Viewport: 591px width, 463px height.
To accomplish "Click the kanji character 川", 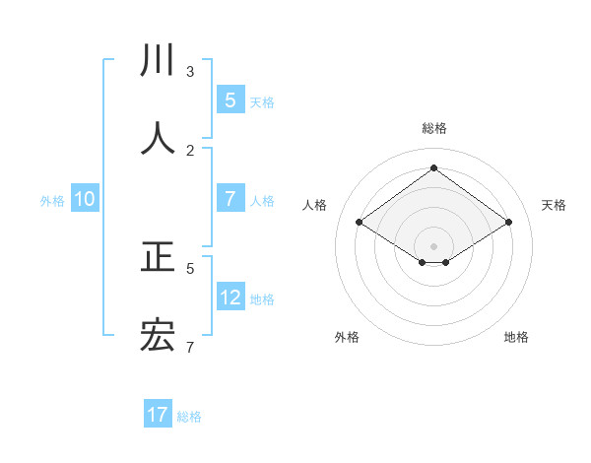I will pyautogui.click(x=158, y=61).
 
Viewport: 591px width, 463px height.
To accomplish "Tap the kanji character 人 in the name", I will pyautogui.click(x=158, y=138).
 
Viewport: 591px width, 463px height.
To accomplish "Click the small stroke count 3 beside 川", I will pyautogui.click(x=190, y=71).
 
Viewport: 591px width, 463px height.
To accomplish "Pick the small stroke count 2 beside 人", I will pyautogui.click(x=190, y=150).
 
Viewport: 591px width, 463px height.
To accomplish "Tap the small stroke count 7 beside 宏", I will pyautogui.click(x=190, y=347).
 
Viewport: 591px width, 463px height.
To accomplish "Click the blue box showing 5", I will pyautogui.click(x=230, y=99).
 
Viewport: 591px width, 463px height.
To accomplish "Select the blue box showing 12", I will pyautogui.click(x=230, y=297).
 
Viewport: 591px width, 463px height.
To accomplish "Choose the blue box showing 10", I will pyautogui.click(x=85, y=199).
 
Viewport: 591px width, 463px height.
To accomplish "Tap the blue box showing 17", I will pyautogui.click(x=158, y=415).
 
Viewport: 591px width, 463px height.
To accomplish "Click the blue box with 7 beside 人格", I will pyautogui.click(x=230, y=199).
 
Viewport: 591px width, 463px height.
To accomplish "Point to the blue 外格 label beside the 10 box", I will pyautogui.click(x=52, y=200).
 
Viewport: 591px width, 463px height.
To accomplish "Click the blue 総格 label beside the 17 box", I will pyautogui.click(x=189, y=416).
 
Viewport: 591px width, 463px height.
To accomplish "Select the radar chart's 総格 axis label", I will pyautogui.click(x=433, y=128).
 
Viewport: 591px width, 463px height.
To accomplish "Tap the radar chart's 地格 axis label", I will pyautogui.click(x=516, y=337).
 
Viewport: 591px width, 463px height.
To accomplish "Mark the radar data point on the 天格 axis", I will pyautogui.click(x=508, y=223).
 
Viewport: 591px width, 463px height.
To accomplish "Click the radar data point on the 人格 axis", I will pyautogui.click(x=359, y=223).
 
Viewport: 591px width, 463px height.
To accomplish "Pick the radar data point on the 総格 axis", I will pyautogui.click(x=433, y=167).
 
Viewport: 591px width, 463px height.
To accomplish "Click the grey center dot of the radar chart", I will pyautogui.click(x=433, y=245).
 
